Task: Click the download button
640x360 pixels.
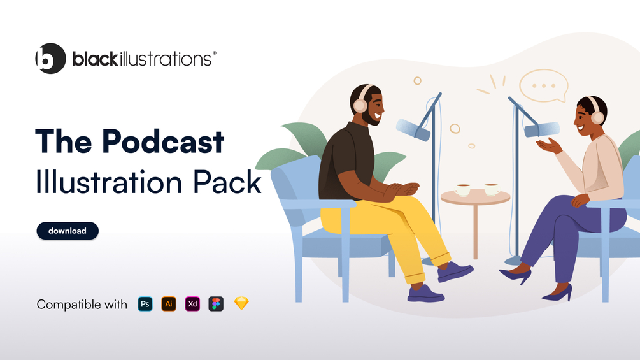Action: point(68,231)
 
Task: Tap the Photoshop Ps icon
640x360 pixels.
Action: point(145,304)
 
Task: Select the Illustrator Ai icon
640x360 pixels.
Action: point(169,304)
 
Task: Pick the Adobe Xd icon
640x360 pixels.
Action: point(192,304)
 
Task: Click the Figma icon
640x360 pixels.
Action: point(216,304)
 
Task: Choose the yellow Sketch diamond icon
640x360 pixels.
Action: point(241,303)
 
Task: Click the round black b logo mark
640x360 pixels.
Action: point(50,59)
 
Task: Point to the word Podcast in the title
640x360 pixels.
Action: point(163,141)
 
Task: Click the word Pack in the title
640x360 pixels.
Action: point(227,182)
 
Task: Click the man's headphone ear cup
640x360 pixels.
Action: point(360,105)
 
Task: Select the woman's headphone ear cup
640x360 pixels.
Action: point(597,117)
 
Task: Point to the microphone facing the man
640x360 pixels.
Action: point(413,129)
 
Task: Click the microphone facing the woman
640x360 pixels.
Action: point(542,130)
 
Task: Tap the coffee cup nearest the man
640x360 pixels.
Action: point(462,190)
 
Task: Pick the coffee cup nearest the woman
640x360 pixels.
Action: point(492,189)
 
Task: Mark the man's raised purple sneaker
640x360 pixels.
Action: point(455,271)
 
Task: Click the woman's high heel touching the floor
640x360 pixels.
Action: point(558,293)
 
